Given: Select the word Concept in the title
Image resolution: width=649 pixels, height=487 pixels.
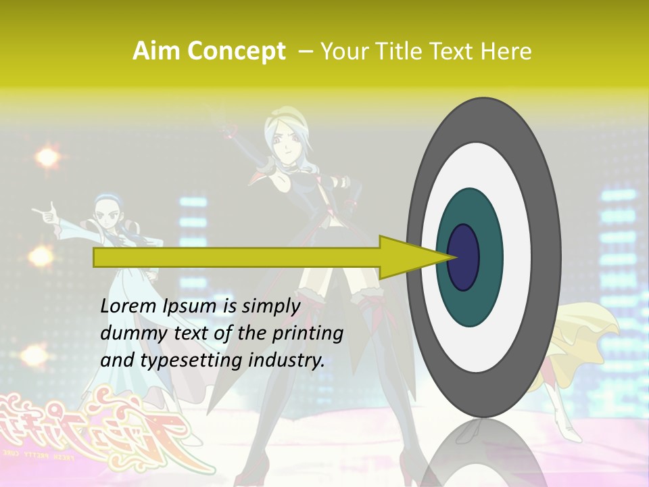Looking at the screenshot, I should pos(235,51).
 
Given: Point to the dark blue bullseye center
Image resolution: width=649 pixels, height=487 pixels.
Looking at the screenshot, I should pos(464,258).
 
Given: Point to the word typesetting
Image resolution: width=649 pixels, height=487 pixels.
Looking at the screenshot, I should pos(199,361).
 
